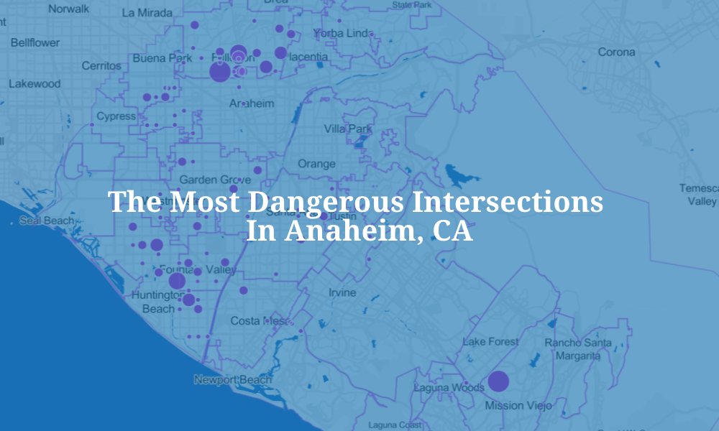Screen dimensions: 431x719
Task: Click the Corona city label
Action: pyautogui.click(x=617, y=52)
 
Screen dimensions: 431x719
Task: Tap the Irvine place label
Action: pyautogui.click(x=342, y=293)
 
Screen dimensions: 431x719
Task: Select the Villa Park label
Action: pyautogui.click(x=348, y=129)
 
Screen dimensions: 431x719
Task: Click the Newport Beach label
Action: pyautogui.click(x=233, y=379)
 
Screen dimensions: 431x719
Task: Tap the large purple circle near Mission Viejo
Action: pyautogui.click(x=498, y=381)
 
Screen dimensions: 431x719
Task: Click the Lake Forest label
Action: pyautogui.click(x=490, y=342)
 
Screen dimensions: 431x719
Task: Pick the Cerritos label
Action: pyautogui.click(x=101, y=65)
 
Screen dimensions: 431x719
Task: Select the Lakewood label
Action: pyautogui.click(x=35, y=83)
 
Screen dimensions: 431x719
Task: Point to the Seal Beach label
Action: pyautogui.click(x=47, y=221)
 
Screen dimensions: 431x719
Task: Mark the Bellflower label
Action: pyautogui.click(x=35, y=42)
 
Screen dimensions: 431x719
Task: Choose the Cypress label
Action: pyautogui.click(x=116, y=116)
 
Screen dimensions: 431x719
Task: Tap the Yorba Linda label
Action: pyautogui.click(x=341, y=34)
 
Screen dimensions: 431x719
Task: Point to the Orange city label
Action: pyautogui.click(x=316, y=164)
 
